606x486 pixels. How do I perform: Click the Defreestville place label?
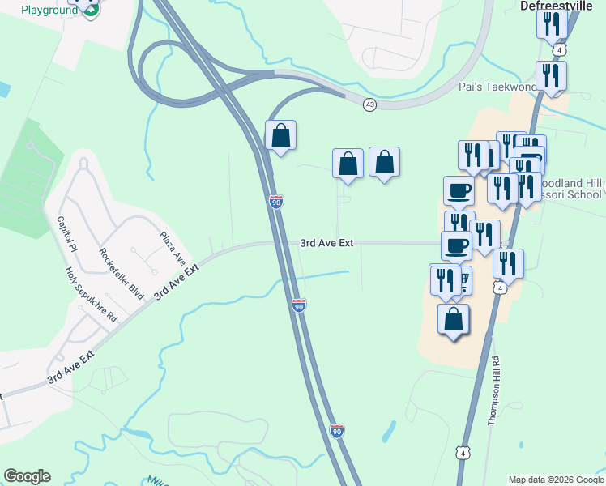558,5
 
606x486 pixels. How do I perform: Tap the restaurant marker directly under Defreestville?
551,24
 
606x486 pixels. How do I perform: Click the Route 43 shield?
370,104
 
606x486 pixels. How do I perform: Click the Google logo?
27,476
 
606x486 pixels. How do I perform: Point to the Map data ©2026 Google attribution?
556,480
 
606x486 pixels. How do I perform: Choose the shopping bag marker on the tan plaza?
454,319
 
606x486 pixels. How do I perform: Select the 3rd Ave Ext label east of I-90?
327,242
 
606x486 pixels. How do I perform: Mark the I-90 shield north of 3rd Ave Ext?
276,202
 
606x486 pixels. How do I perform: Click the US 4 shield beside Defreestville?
561,50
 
